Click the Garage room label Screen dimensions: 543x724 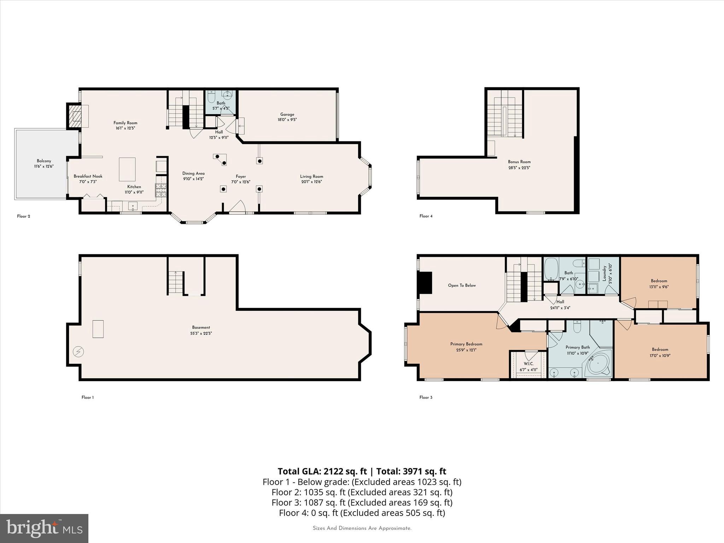(287, 115)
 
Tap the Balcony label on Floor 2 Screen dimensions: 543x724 (44, 161)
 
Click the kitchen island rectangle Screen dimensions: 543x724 (127, 169)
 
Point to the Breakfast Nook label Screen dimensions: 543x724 (88, 176)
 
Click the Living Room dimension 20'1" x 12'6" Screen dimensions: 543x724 (311, 182)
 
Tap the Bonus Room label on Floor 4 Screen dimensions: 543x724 (519, 162)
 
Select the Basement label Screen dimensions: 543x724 (201, 327)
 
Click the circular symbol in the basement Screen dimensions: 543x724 (78, 352)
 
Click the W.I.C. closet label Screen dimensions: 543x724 (529, 364)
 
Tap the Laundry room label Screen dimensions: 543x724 (604, 273)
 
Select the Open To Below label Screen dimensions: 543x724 (462, 285)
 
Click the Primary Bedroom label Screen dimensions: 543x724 (466, 344)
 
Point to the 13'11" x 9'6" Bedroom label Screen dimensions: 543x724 (659, 281)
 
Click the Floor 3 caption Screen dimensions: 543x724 (426, 397)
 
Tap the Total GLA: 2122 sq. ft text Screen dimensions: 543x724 (322, 471)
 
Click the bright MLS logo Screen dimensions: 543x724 (44, 528)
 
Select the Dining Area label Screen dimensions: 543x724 (193, 173)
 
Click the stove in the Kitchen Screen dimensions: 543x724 (160, 190)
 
